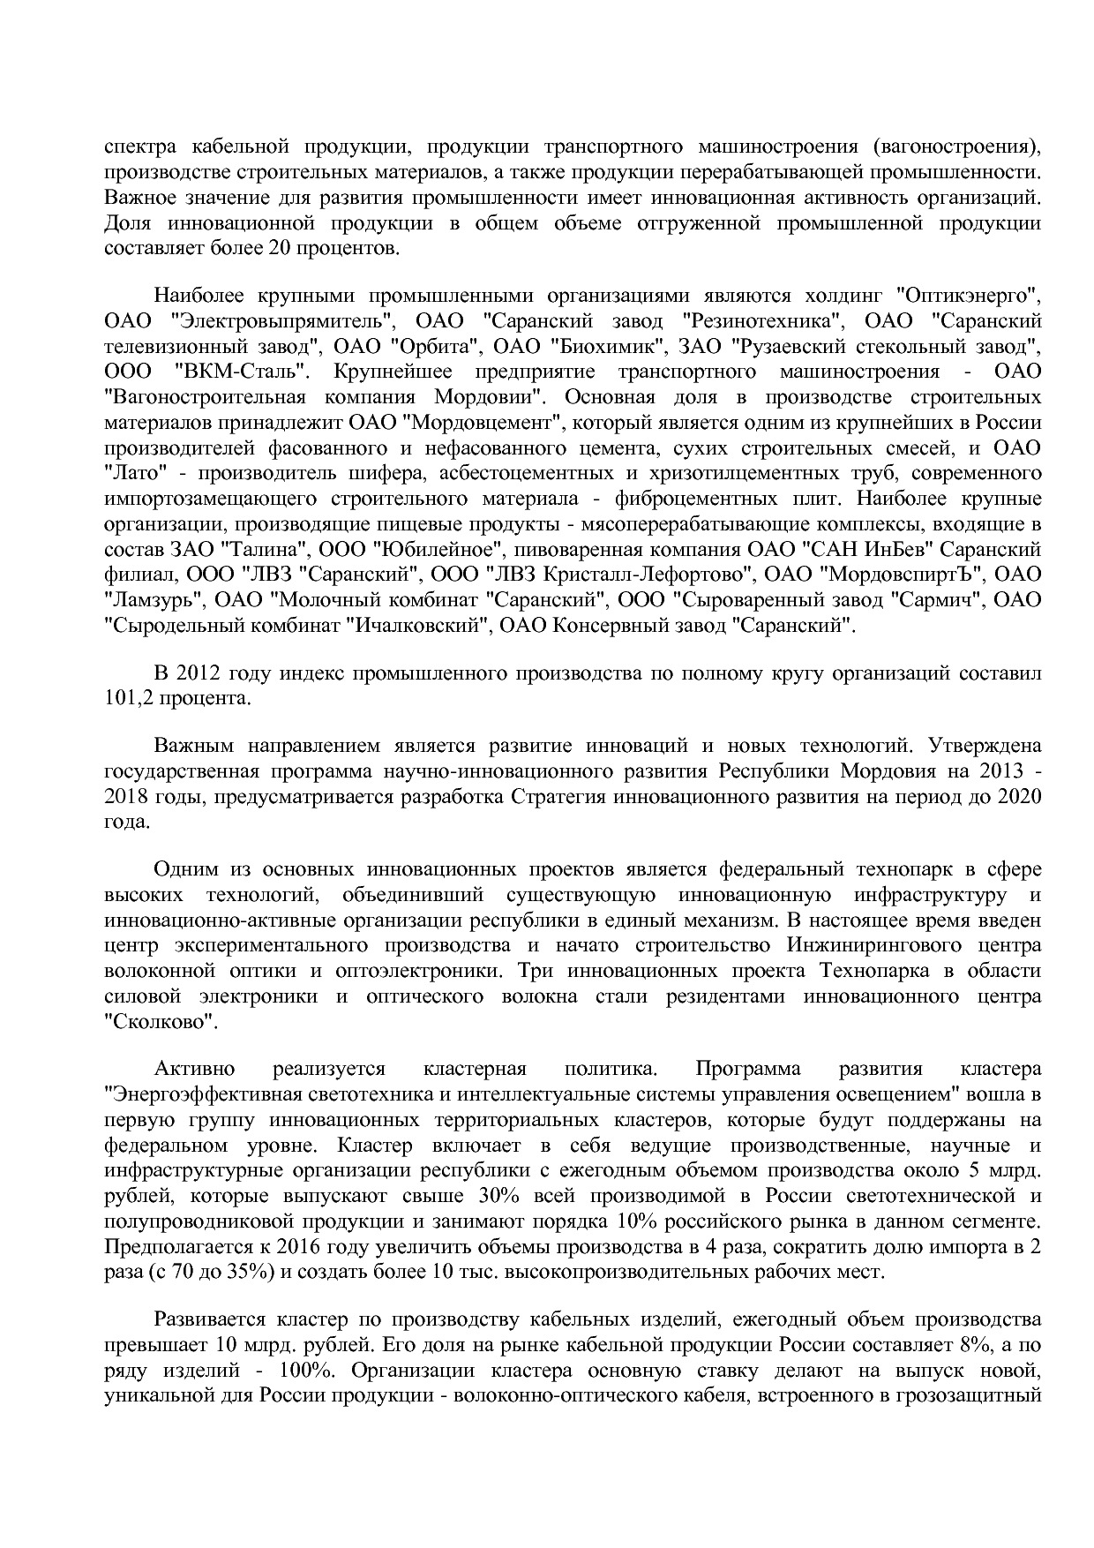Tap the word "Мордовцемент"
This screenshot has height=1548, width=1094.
coord(479,422)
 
